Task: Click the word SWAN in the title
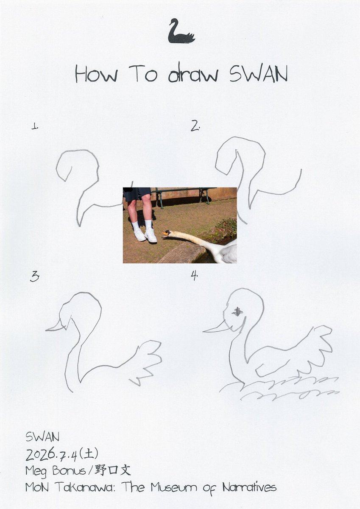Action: [x=259, y=74]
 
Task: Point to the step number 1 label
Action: [x=34, y=126]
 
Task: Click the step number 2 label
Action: [x=195, y=126]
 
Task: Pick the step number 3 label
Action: [x=34, y=277]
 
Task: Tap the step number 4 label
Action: [x=194, y=275]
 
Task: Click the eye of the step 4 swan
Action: [x=237, y=311]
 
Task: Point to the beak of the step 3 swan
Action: [x=55, y=326]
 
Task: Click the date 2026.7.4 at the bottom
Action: [x=52, y=454]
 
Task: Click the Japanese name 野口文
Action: [x=113, y=470]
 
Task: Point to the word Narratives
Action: [x=249, y=487]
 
